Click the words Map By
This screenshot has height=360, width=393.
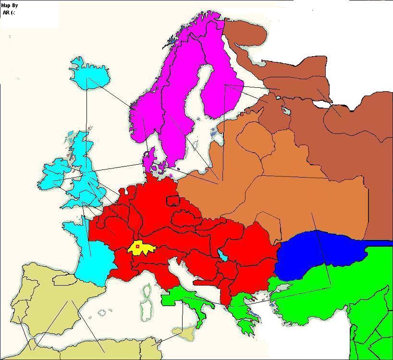10,6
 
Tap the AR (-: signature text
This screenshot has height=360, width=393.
9,12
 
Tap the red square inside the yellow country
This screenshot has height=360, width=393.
137,246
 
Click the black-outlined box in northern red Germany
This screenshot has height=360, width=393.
172,200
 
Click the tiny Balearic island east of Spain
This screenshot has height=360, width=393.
102,312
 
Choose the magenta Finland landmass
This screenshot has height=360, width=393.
221,91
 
